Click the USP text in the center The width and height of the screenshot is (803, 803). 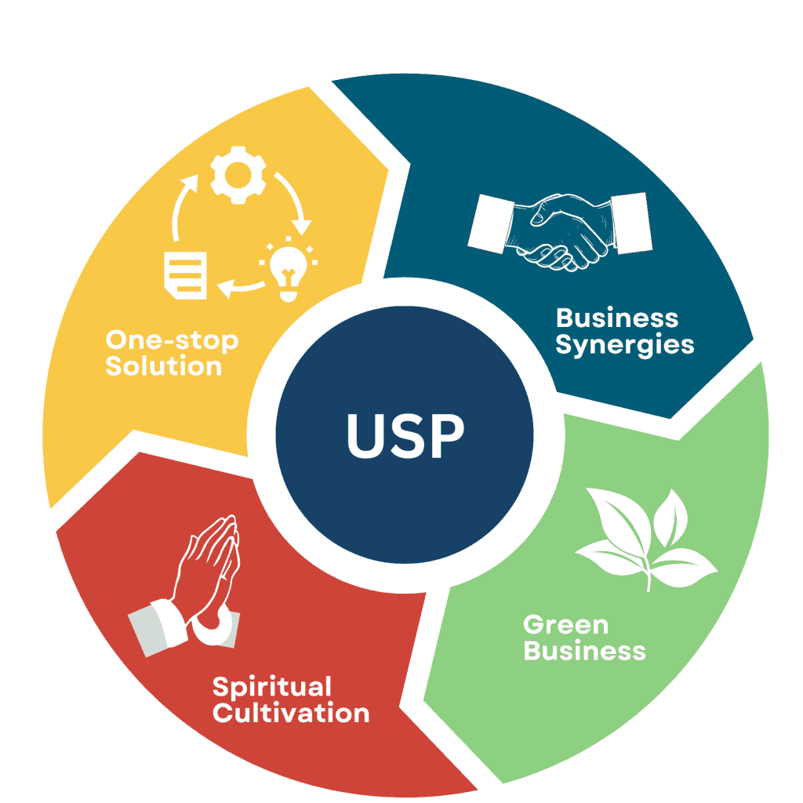click(x=405, y=436)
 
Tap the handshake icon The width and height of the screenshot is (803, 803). click(x=560, y=228)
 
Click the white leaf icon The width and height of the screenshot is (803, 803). click(x=647, y=537)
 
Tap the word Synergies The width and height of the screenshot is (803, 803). click(x=625, y=345)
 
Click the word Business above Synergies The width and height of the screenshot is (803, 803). click(x=617, y=318)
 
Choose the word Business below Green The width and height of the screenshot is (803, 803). click(x=584, y=651)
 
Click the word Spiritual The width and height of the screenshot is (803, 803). click(x=272, y=687)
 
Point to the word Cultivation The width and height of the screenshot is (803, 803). click(x=291, y=714)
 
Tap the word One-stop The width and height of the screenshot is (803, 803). click(x=172, y=340)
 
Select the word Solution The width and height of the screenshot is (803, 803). click(x=164, y=366)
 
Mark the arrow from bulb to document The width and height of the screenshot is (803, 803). click(x=238, y=289)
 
